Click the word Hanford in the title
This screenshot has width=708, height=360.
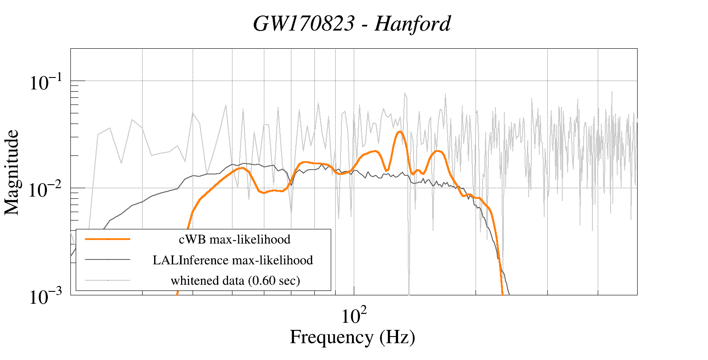pos(412,24)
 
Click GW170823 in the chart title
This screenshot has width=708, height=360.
pos(304,24)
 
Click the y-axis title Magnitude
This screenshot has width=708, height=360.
pos(12,172)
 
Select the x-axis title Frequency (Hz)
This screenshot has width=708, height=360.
pos(352,337)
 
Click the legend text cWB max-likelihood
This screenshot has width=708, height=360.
pos(234,240)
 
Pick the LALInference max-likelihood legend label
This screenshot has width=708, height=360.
pos(232,260)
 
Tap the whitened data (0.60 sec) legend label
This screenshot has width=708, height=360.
pos(235,280)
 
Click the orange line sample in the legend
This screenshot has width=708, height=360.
pos(108,239)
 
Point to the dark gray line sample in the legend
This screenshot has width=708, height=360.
pos(108,259)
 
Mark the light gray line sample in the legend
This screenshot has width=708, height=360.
pos(108,280)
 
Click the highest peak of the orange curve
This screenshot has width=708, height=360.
pos(400,132)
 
